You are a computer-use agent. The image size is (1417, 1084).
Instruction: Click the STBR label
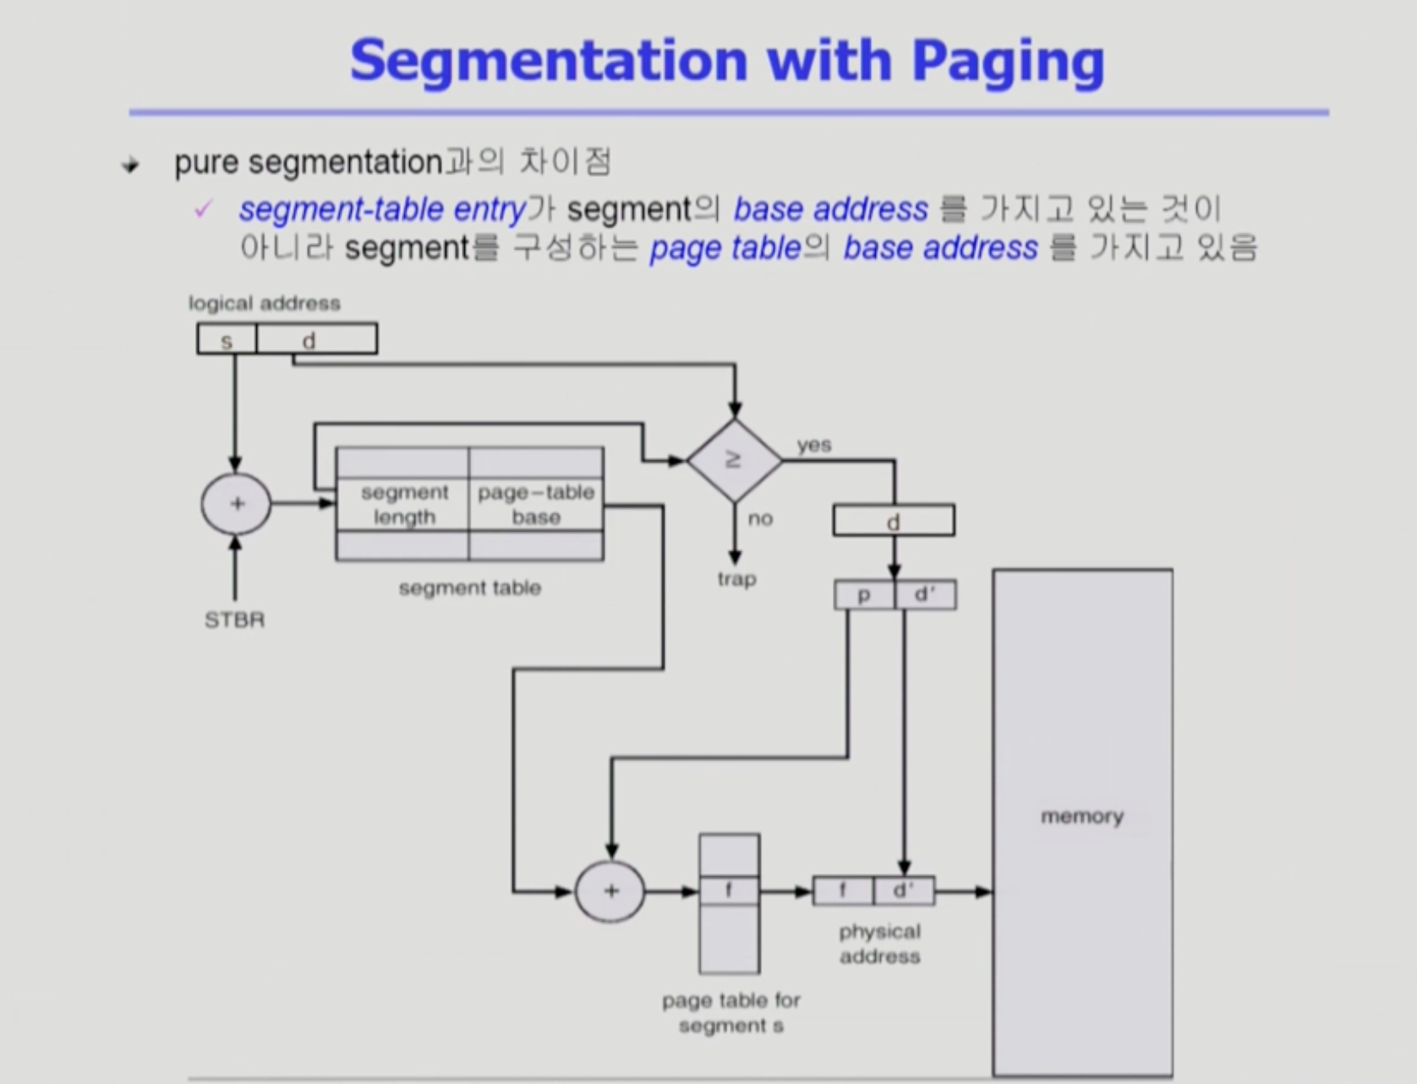click(234, 620)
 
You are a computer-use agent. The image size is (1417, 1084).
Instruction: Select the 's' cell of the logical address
click(227, 339)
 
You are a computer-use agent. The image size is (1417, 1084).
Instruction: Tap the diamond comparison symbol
click(734, 460)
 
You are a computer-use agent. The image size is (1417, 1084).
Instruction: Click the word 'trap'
click(736, 579)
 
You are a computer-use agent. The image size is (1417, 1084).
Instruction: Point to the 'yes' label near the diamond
click(814, 445)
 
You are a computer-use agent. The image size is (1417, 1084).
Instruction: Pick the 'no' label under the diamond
click(760, 518)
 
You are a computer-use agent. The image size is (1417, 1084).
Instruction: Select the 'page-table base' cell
click(537, 505)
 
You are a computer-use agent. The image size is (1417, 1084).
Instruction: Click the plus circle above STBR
click(236, 504)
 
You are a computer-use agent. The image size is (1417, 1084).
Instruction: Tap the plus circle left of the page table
click(610, 891)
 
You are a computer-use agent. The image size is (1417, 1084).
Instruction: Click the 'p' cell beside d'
click(864, 594)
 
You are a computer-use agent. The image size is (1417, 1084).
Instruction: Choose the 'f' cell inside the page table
click(729, 891)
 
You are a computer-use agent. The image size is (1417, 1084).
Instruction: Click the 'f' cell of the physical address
click(843, 891)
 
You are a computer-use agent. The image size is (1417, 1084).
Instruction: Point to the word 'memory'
click(1082, 817)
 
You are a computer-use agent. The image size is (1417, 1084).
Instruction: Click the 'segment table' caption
click(470, 589)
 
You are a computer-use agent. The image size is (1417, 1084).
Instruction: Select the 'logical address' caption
click(264, 304)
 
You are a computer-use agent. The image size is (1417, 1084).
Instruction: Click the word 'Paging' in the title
click(1008, 62)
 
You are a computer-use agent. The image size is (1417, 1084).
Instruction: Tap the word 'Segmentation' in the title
click(549, 61)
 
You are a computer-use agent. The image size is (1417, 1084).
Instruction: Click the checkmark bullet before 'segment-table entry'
click(203, 209)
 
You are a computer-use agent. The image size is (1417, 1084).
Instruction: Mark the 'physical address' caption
click(880, 944)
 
